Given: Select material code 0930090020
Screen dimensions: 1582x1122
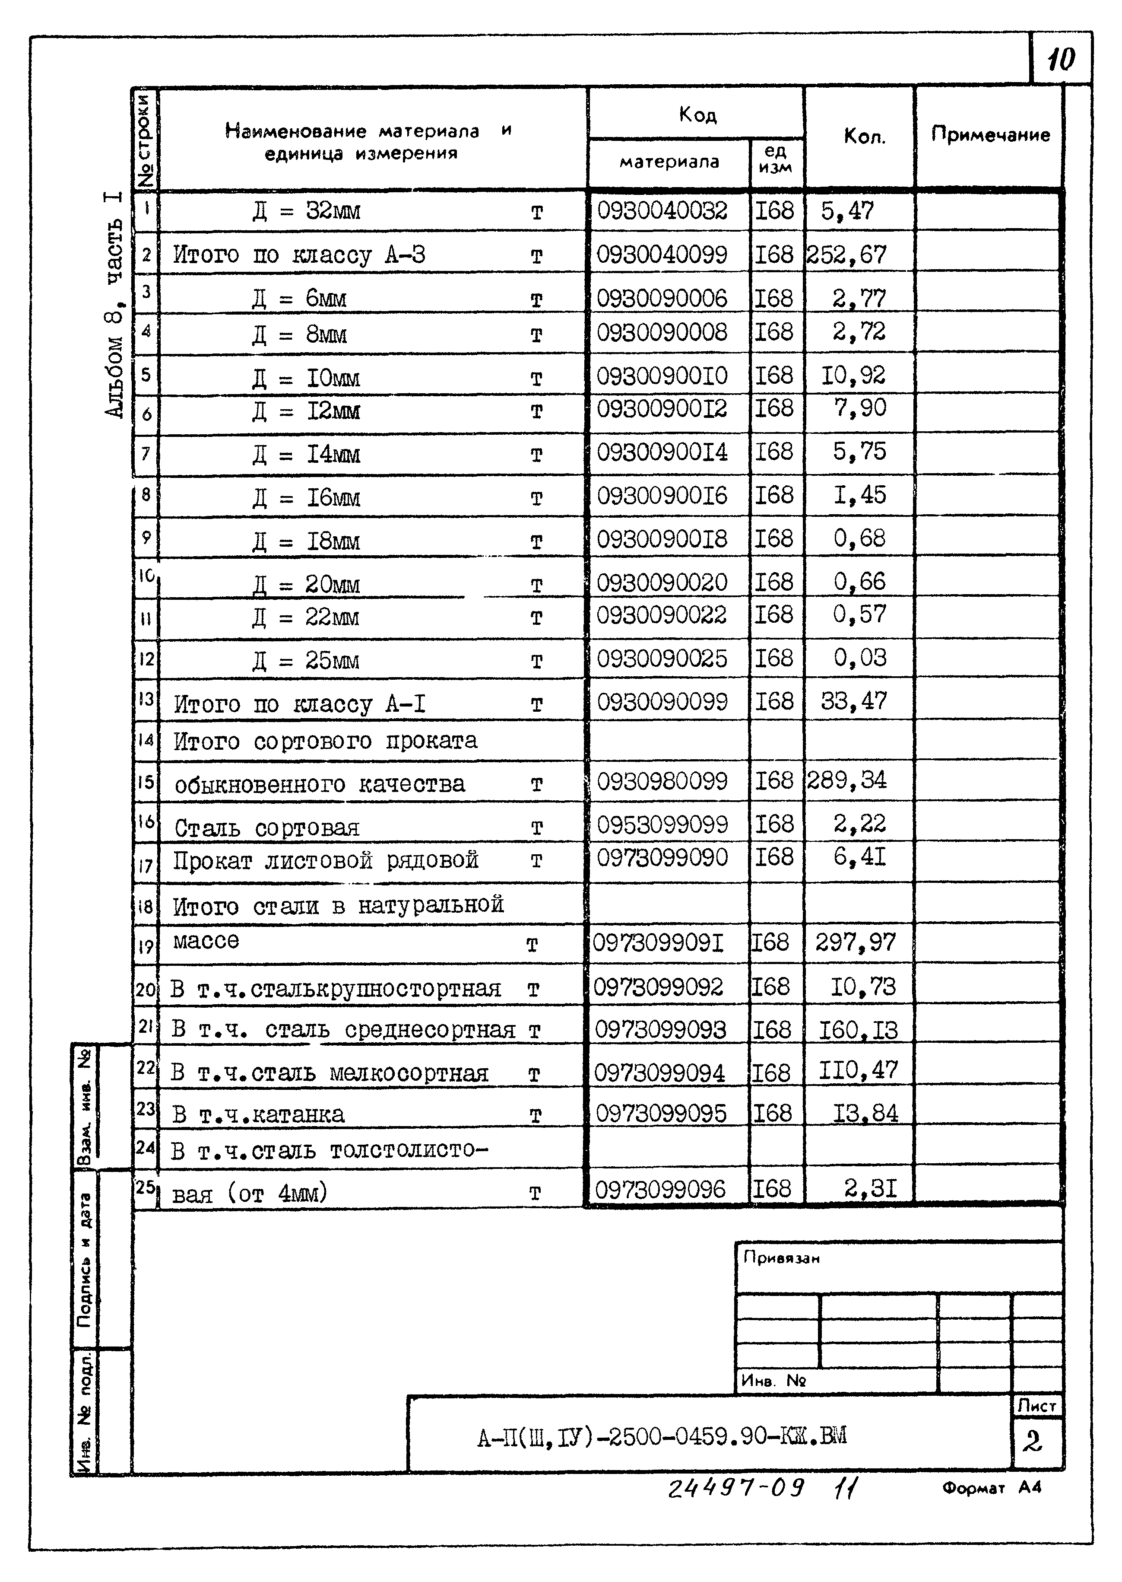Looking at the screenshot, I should pos(662,583).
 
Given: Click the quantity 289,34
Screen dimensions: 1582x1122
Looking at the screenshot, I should pos(846,780).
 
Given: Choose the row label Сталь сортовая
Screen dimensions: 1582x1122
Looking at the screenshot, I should pos(267,827).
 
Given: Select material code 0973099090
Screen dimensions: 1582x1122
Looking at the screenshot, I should pos(662,858).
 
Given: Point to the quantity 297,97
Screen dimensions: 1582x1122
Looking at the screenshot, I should pos(855,942).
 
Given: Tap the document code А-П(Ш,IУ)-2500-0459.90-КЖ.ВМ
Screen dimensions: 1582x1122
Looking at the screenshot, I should pos(661,1437).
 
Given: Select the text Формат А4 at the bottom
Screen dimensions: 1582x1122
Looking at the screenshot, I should pos(991,1487).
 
